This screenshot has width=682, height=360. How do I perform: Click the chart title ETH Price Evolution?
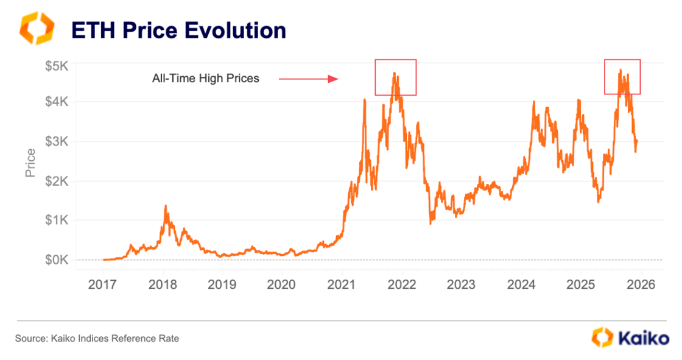click(x=178, y=30)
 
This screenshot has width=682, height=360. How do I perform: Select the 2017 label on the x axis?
click(x=104, y=285)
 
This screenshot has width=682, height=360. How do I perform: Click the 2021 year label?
click(x=342, y=285)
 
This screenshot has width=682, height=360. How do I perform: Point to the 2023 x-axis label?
click(x=461, y=285)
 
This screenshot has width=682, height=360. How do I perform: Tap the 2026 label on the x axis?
click(x=640, y=285)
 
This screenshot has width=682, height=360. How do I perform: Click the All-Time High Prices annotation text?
click(x=205, y=79)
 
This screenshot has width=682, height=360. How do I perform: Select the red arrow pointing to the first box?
click(x=308, y=79)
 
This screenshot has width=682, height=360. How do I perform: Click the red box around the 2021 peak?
click(x=395, y=77)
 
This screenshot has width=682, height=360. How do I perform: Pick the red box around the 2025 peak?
click(x=622, y=77)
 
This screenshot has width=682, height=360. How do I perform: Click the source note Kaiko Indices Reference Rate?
click(x=97, y=338)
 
